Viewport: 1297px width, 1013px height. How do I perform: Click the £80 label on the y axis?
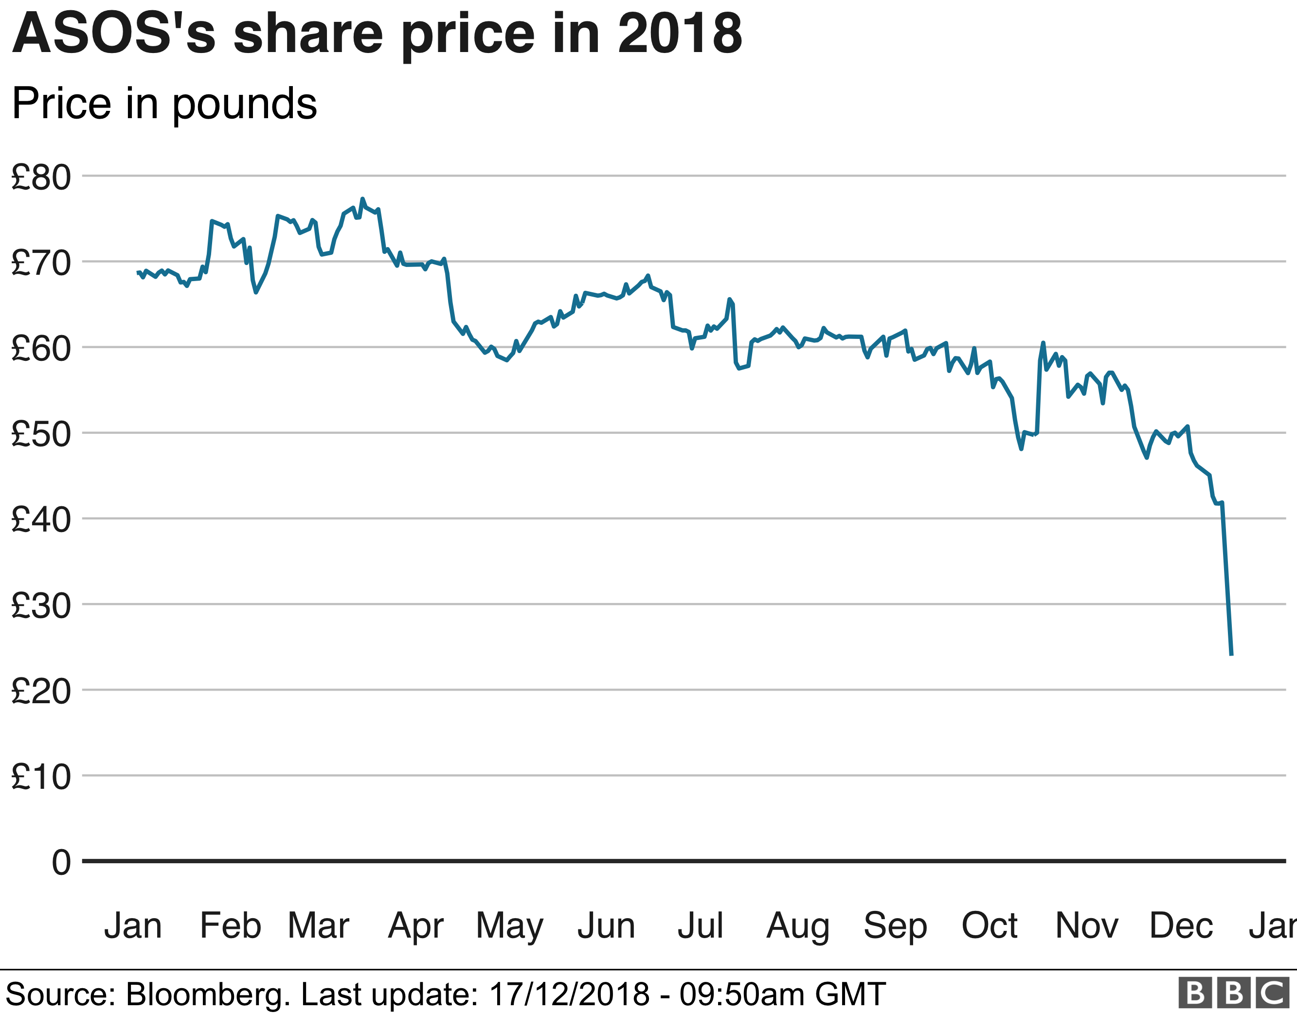pyautogui.click(x=41, y=177)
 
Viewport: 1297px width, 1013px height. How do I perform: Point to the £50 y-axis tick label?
pyautogui.click(x=41, y=434)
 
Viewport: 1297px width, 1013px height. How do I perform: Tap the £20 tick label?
pyautogui.click(x=41, y=691)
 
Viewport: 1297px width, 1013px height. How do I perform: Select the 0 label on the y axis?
pyautogui.click(x=61, y=862)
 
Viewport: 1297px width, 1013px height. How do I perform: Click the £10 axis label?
pyautogui.click(x=41, y=777)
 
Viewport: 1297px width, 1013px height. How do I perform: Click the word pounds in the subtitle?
pyautogui.click(x=245, y=104)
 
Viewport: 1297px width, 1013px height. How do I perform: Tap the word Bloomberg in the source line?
pyautogui.click(x=207, y=995)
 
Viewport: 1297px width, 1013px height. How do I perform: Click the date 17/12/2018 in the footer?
pyautogui.click(x=569, y=995)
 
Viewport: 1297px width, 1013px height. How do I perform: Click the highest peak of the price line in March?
pyautogui.click(x=362, y=199)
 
